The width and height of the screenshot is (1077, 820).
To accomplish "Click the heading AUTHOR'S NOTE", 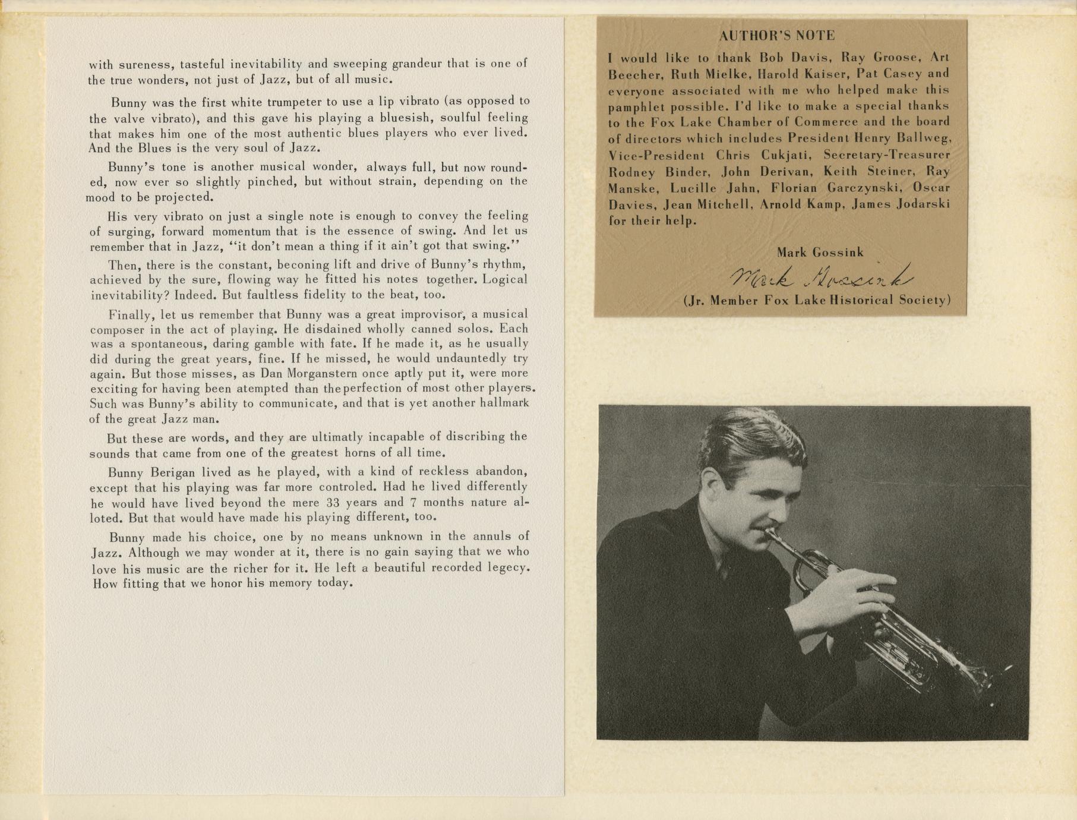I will pyautogui.click(x=776, y=36).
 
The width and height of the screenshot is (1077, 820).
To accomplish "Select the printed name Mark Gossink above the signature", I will pyautogui.click(x=820, y=253).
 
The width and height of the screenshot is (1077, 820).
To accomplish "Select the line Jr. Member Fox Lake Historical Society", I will pyautogui.click(x=817, y=300).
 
